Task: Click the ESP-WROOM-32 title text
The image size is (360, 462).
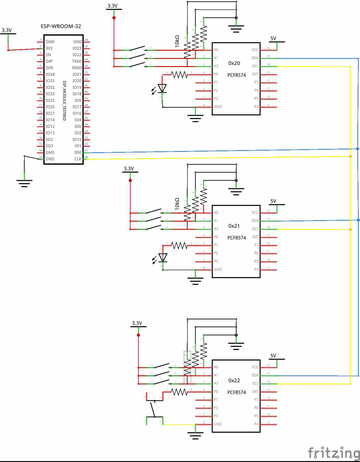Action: click(61, 26)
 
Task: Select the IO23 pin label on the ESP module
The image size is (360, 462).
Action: click(77, 48)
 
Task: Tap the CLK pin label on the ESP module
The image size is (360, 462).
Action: click(78, 159)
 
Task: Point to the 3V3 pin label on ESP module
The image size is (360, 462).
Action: click(49, 48)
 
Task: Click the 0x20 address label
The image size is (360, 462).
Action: click(234, 63)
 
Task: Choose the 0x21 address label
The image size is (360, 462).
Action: click(234, 226)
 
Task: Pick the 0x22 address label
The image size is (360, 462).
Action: click(234, 380)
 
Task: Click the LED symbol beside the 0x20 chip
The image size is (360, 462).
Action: click(162, 88)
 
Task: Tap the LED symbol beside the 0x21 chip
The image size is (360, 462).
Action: click(163, 258)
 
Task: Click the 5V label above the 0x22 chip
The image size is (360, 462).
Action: click(273, 356)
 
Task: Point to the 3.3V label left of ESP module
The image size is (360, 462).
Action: click(7, 30)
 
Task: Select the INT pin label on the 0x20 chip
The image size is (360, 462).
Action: click(255, 74)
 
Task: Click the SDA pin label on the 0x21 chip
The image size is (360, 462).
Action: click(255, 221)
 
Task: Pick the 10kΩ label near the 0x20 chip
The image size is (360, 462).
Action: click(177, 41)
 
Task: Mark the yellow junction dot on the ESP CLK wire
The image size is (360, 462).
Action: click(350, 156)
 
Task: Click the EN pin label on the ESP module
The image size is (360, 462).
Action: click(48, 55)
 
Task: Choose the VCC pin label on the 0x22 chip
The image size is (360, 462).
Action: click(255, 367)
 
